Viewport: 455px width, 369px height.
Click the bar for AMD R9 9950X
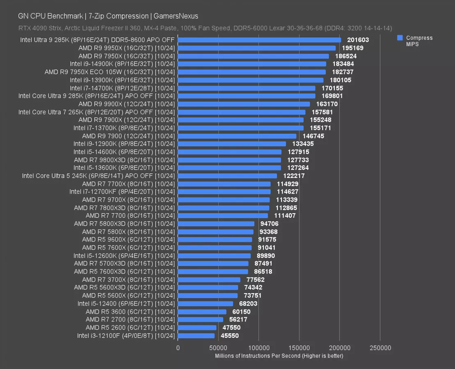click(x=256, y=48)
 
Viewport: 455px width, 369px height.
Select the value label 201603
click(x=358, y=40)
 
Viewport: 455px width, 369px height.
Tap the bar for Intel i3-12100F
click(x=196, y=336)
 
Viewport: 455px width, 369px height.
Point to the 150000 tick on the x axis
click(x=299, y=348)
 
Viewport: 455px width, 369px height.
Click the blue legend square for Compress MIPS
click(x=400, y=38)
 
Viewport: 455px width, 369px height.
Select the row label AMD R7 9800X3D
click(x=124, y=160)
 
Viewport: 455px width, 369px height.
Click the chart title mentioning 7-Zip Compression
click(x=108, y=16)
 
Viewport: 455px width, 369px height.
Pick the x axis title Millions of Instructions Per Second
click(x=279, y=356)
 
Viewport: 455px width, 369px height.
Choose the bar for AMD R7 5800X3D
click(x=216, y=224)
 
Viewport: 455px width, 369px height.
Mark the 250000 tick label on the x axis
click(x=380, y=348)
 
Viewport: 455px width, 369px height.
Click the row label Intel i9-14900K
click(x=122, y=64)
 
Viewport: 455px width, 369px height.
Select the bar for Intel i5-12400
click(x=205, y=304)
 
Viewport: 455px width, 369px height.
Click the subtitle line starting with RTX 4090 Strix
click(x=205, y=28)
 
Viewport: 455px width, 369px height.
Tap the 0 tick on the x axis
click(x=178, y=348)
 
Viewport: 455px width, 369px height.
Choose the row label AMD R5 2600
click(x=130, y=328)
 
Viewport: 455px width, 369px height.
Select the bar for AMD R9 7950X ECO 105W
click(x=252, y=72)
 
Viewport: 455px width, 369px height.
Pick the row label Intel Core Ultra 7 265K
click(x=96, y=112)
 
